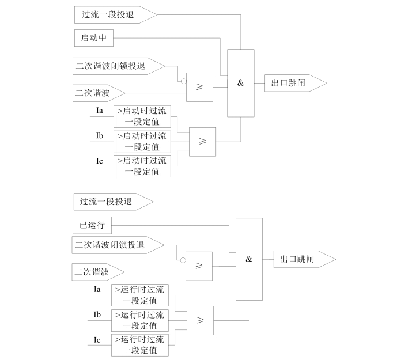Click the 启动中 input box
coord(94,39)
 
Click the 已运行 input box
coord(92,225)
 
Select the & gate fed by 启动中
coord(240,83)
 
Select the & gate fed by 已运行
coord(249,259)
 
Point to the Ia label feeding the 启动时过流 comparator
coord(99,110)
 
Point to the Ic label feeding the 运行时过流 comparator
coord(97,340)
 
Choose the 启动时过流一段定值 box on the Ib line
coord(142,141)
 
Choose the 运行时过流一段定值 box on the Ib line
coord(140,320)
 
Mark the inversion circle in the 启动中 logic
coord(184,81)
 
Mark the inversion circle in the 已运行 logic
coord(183,260)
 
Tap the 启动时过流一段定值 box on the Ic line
coord(142,166)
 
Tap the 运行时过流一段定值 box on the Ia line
coord(140,295)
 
